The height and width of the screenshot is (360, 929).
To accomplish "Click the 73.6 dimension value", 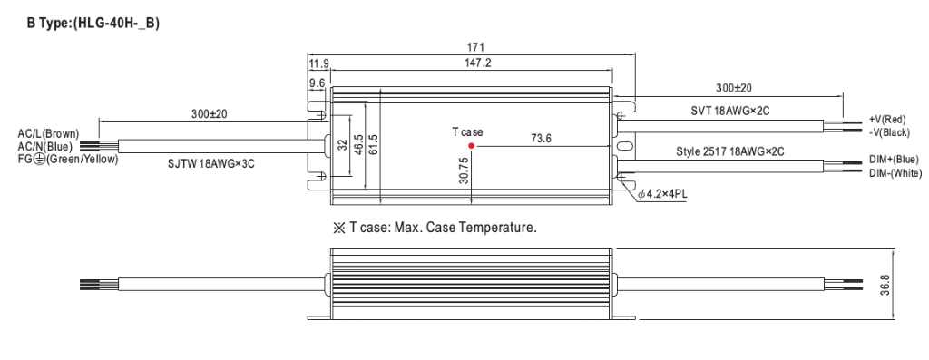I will click(x=542, y=139).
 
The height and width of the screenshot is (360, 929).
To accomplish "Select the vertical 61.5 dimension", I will click(x=373, y=143).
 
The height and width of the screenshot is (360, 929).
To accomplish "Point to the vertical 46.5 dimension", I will click(x=358, y=143).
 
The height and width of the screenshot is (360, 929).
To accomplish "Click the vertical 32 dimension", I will click(x=344, y=143).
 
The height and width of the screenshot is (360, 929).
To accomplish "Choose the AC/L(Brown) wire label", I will click(x=49, y=133).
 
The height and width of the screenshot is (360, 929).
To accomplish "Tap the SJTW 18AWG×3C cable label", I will click(x=211, y=163).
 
